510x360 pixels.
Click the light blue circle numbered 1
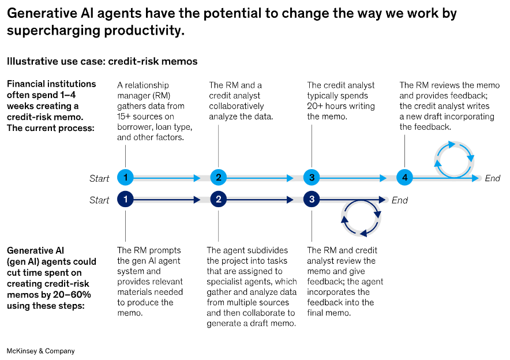pyautogui.click(x=125, y=178)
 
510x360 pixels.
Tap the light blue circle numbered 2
pyautogui.click(x=218, y=178)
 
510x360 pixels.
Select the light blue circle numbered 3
pyautogui.click(x=312, y=178)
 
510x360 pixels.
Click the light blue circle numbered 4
pyautogui.click(x=404, y=178)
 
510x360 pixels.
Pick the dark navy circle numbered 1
pyautogui.click(x=125, y=200)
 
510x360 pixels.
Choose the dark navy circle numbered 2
pyautogui.click(x=218, y=200)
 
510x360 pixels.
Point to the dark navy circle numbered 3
pyautogui.click(x=312, y=200)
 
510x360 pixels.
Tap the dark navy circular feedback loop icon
pyautogui.click(x=361, y=218)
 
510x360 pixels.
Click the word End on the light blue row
pyautogui.click(x=492, y=178)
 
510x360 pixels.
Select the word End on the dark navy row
pyautogui.click(x=399, y=200)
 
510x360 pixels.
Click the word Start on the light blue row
pyautogui.click(x=99, y=178)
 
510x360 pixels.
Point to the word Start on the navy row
pyautogui.click(x=99, y=200)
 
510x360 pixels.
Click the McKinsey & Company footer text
pyautogui.click(x=40, y=351)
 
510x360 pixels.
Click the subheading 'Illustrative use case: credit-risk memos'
pyautogui.click(x=102, y=61)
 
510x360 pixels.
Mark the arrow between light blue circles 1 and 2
pyautogui.click(x=171, y=178)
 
